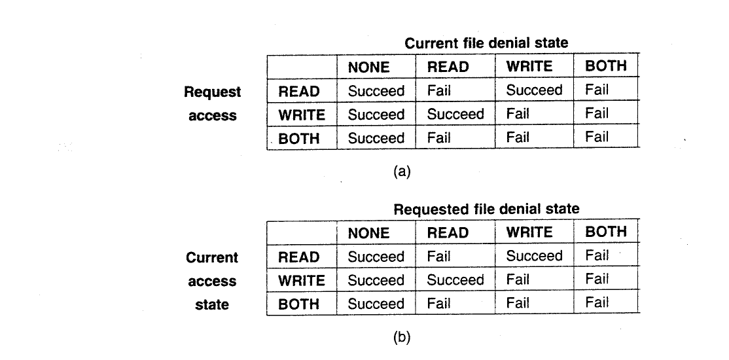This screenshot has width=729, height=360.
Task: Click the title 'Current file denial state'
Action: [x=486, y=43]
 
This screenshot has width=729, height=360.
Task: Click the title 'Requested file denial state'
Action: [x=486, y=209]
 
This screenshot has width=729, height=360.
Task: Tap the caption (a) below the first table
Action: [x=402, y=172]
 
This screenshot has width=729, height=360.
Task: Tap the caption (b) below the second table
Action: [x=402, y=338]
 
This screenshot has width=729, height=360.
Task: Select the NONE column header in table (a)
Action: [x=368, y=67]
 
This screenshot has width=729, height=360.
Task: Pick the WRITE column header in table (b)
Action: [x=529, y=232]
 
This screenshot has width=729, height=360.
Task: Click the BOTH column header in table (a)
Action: [x=606, y=66]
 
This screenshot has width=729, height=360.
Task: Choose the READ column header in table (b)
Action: [x=448, y=232]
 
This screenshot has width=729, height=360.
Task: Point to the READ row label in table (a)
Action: [x=299, y=92]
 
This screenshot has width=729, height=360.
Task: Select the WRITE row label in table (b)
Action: [x=301, y=280]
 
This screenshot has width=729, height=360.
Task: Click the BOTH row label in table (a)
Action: [x=299, y=139]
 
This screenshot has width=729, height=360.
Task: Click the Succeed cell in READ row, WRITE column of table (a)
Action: [x=534, y=90]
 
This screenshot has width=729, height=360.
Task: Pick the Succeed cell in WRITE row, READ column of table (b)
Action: [x=455, y=279]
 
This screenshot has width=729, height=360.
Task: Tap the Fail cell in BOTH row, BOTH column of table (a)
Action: [x=597, y=137]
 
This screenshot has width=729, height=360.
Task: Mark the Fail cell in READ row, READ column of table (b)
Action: [x=438, y=256]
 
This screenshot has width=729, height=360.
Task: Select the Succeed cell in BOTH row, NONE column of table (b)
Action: [x=376, y=304]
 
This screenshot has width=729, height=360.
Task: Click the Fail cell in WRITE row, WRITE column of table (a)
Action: [x=518, y=114]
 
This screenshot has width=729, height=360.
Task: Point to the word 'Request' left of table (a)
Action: [x=213, y=92]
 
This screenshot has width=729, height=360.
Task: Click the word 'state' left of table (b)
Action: [x=212, y=304]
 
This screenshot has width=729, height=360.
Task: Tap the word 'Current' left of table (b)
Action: [x=212, y=258]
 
